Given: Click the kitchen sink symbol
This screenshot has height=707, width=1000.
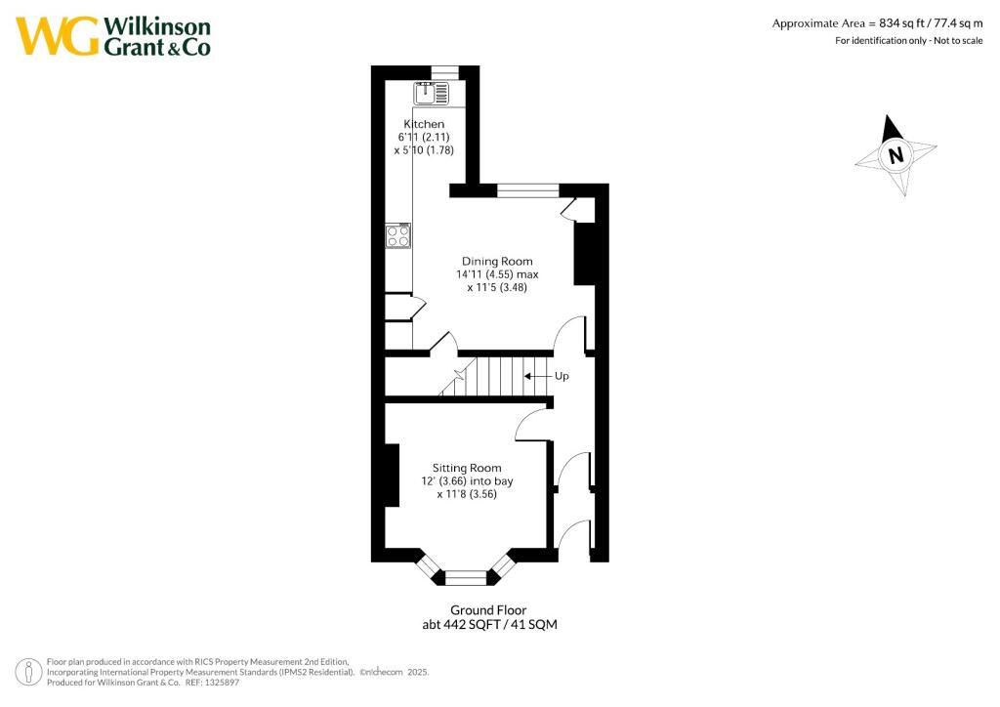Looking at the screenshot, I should pos(431,94).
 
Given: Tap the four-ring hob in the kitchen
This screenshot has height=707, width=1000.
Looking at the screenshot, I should pos(397,236).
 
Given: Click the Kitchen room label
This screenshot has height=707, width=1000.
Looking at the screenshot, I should pos(425,124).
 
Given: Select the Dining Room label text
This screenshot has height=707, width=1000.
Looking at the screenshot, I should pos(497,261).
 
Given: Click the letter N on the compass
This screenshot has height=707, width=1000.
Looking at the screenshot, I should pos(896,154).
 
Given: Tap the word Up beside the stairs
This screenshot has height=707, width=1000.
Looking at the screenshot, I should pos(562,376).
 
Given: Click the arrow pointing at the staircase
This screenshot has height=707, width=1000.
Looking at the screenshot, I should pos(536,376).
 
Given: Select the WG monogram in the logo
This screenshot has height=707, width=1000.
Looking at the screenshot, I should pos(58,36).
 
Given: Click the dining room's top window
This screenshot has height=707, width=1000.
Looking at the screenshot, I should pos(528,189).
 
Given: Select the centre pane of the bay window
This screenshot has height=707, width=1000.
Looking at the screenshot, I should pos(466,578).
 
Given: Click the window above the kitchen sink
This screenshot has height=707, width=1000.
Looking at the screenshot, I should pos(445,70).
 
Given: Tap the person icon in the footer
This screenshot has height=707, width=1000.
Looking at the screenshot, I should pos(29,672).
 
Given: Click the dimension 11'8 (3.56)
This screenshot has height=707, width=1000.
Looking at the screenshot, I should pos(474,494).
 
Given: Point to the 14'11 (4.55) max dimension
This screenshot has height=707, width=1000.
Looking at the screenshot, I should pos(497,274).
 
